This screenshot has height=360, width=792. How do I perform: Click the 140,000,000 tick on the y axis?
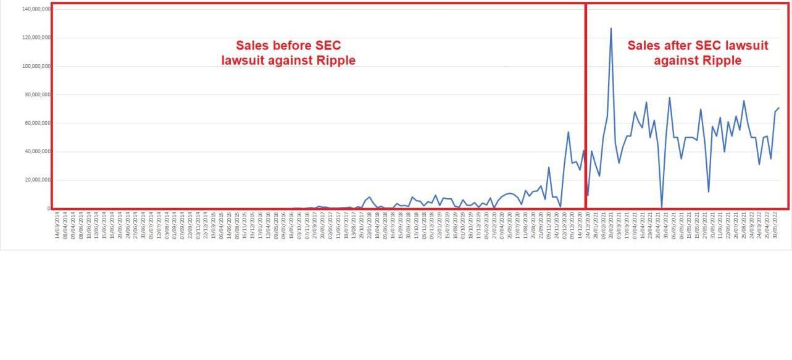36,9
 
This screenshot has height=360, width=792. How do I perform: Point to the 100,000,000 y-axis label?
36,66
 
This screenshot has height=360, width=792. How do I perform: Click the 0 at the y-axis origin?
48,209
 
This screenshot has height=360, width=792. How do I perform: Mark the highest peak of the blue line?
611,28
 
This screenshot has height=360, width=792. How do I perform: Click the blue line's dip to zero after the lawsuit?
662,207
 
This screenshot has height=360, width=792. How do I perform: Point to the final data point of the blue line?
779,108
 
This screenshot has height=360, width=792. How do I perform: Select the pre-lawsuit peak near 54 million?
569,132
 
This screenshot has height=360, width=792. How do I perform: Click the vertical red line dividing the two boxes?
585,105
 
